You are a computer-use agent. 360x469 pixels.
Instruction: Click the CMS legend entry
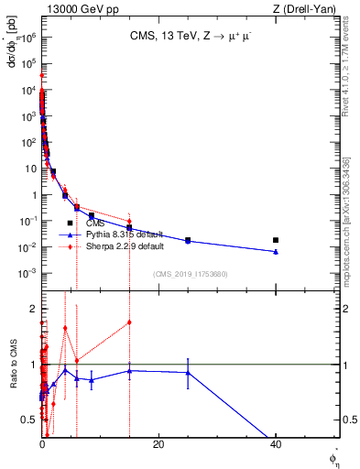(x=94, y=224)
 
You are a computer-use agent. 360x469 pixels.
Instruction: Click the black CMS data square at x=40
(x=276, y=240)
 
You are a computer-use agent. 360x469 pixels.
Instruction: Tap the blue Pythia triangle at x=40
(x=276, y=251)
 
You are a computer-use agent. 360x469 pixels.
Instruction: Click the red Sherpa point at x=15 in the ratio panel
(x=130, y=322)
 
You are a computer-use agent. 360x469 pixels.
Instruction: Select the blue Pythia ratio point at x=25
(x=188, y=372)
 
